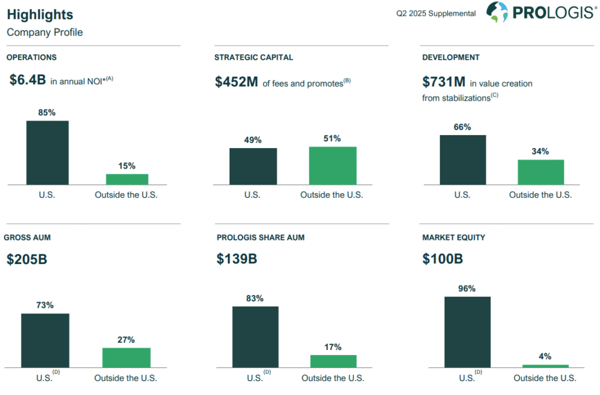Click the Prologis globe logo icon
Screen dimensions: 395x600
[x=497, y=12]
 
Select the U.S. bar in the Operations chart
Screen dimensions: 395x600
[x=47, y=153]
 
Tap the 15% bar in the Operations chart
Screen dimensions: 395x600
[x=127, y=179]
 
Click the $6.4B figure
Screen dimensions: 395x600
[x=28, y=81]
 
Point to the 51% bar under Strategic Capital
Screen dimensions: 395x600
[x=332, y=166]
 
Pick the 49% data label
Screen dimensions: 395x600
[x=253, y=140]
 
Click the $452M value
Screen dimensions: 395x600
[x=237, y=83]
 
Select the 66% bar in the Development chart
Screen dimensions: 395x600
[x=462, y=160]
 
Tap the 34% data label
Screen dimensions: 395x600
[x=540, y=152]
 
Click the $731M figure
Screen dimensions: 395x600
[x=444, y=83]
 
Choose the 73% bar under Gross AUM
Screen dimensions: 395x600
[x=45, y=341]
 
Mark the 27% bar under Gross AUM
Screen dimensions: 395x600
[x=126, y=358]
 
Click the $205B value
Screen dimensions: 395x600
[x=27, y=259]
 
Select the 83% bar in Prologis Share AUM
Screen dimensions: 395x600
[x=255, y=337]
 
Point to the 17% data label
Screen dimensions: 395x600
[x=333, y=347]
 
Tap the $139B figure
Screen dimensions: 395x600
[x=237, y=259]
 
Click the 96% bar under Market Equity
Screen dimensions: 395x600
[x=467, y=332]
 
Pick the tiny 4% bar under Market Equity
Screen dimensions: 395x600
[x=545, y=366]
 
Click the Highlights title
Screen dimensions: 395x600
[x=40, y=15]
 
